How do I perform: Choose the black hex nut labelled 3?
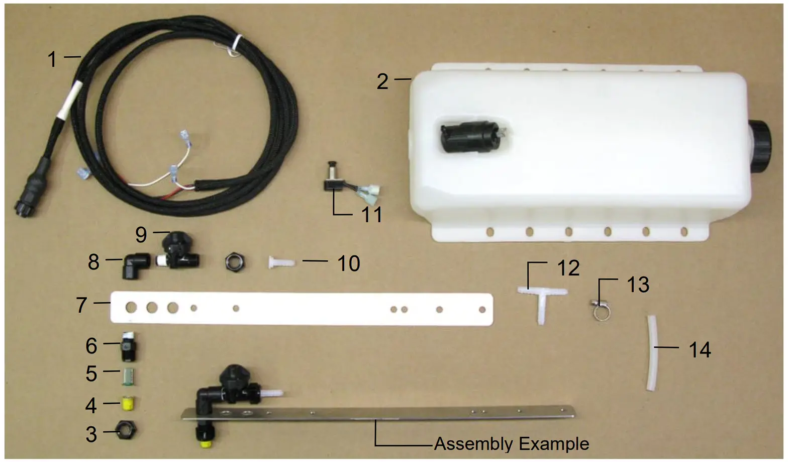(x=126, y=431)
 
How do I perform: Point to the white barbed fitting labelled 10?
(x=281, y=262)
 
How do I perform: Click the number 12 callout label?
(x=568, y=268)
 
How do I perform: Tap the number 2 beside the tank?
(x=382, y=81)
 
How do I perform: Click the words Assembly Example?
(x=511, y=444)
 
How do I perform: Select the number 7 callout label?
(x=81, y=305)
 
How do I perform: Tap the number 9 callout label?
(x=141, y=234)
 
